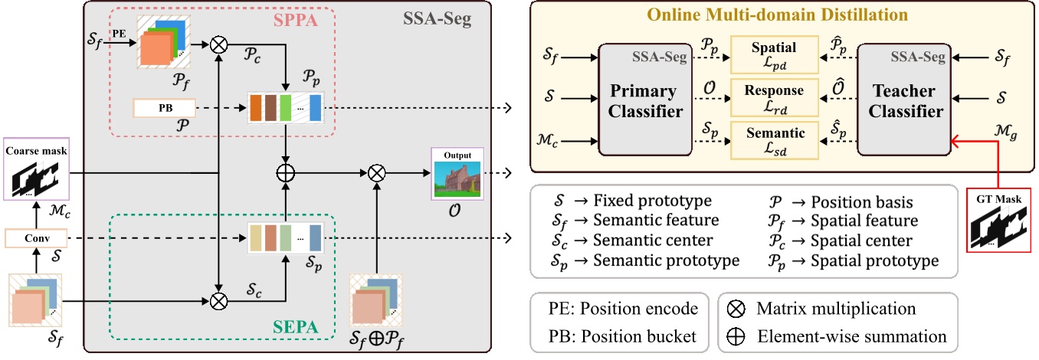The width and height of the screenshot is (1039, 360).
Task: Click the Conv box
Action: coord(35,237)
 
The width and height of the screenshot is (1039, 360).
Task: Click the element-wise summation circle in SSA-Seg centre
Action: coord(285,174)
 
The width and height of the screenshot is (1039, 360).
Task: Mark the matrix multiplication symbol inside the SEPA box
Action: coord(220,301)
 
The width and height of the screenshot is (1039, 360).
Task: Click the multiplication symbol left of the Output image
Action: coord(375,174)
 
